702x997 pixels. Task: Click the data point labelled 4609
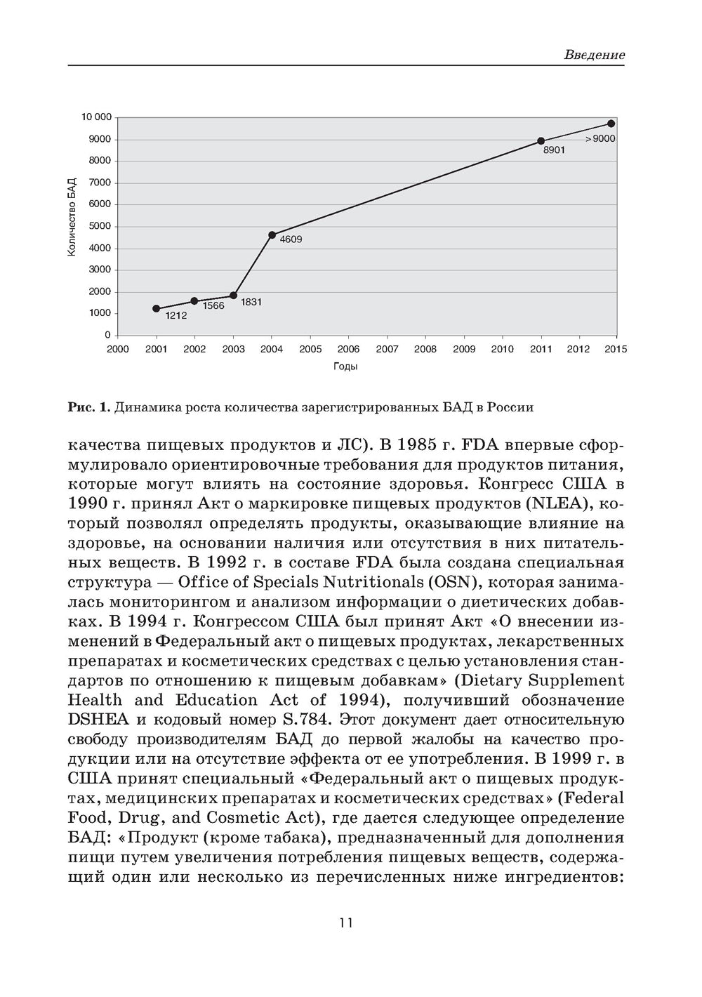point(272,235)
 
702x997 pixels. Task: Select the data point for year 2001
point(156,308)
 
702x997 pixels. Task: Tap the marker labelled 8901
point(541,141)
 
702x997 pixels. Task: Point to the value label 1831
point(251,302)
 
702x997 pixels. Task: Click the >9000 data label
point(600,139)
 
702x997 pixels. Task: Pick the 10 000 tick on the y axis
point(96,117)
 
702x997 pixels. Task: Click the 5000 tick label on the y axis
point(100,226)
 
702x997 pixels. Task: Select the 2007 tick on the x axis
point(387,349)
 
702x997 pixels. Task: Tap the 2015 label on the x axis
point(616,349)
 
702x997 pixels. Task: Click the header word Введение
point(594,55)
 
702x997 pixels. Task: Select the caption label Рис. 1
point(88,407)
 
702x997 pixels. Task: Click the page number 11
point(345,922)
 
